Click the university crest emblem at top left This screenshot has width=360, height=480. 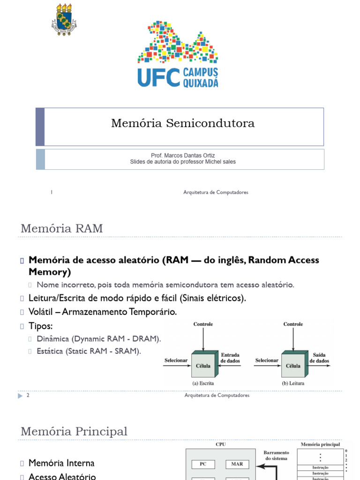point(63,19)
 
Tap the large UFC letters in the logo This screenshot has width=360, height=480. point(158,77)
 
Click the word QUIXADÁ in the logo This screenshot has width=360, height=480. point(200,83)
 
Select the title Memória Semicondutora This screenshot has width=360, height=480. point(183,123)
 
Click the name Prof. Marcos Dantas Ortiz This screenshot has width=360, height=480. point(183,155)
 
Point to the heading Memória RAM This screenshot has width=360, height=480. point(61,229)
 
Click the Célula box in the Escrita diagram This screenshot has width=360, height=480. point(203,366)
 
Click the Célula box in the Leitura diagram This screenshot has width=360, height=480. point(293,366)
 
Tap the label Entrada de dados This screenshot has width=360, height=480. point(230,358)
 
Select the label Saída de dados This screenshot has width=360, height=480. point(319,358)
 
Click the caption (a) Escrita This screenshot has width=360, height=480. point(203,383)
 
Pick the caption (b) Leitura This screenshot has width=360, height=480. point(293,383)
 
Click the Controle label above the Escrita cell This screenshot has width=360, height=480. point(203,324)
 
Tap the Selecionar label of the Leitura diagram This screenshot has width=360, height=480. point(267,360)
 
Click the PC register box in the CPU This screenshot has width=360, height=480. point(203,464)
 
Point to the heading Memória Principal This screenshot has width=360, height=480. point(74,431)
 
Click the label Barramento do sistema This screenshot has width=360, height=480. point(276,455)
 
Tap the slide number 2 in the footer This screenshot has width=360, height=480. point(28,395)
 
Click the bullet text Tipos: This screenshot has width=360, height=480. point(41,325)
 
